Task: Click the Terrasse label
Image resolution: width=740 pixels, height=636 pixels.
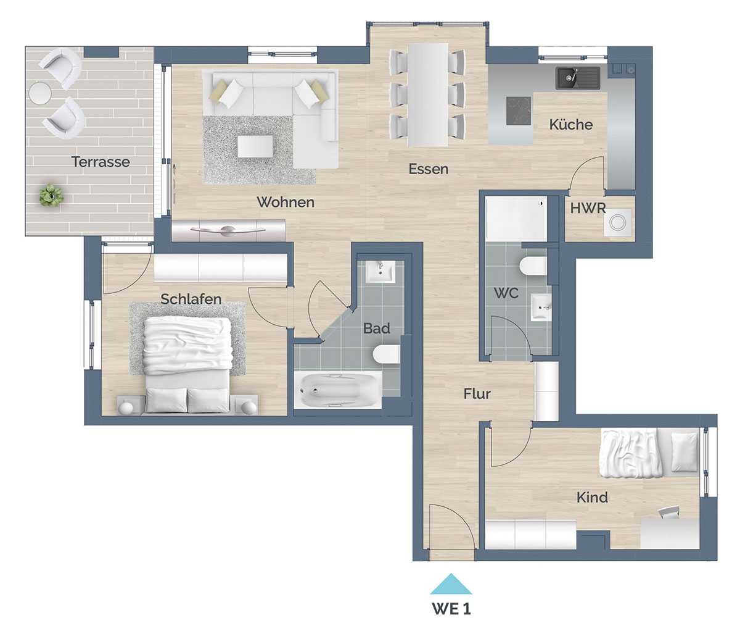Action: click(x=101, y=162)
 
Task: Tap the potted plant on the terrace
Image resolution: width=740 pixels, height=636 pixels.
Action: click(x=52, y=195)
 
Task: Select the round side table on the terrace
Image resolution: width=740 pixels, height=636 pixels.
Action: click(x=40, y=93)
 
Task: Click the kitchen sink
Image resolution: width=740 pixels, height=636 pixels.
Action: click(x=577, y=78)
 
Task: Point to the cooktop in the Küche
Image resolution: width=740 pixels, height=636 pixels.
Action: click(x=519, y=111)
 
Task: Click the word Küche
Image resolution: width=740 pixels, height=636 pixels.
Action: click(x=571, y=124)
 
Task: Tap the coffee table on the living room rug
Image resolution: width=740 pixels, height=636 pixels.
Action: click(x=256, y=146)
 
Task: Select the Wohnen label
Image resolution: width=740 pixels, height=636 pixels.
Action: click(x=286, y=202)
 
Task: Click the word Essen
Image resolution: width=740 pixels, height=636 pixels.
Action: click(x=429, y=169)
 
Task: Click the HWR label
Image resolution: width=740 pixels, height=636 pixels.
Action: click(x=588, y=208)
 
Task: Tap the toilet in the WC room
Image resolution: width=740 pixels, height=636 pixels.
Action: click(x=533, y=266)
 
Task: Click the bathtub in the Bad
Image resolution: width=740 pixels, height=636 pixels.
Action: click(x=337, y=390)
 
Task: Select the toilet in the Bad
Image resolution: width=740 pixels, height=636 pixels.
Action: click(x=386, y=354)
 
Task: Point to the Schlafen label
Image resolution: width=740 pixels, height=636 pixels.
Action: click(x=191, y=299)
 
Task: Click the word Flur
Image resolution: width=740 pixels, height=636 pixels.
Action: click(x=477, y=394)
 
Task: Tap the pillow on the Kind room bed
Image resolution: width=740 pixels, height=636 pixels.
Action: click(x=684, y=453)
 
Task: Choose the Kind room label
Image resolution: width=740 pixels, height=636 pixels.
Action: click(x=592, y=497)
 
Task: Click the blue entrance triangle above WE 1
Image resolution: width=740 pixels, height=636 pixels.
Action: click(x=451, y=584)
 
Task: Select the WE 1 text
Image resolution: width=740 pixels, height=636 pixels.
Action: click(x=451, y=609)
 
